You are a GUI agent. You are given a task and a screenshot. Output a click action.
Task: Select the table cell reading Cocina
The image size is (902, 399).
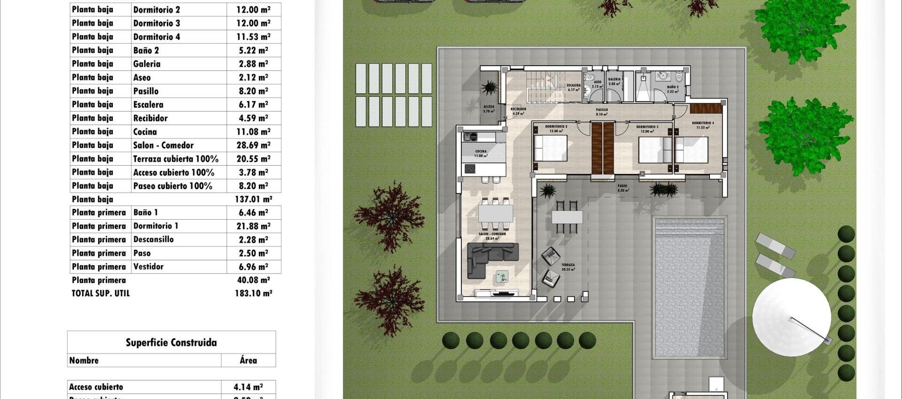[145, 132]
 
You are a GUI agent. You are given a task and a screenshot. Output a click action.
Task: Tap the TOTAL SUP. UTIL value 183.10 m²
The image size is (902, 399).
[253, 293]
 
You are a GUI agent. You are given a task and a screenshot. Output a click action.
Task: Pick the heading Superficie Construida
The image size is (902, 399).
[171, 343]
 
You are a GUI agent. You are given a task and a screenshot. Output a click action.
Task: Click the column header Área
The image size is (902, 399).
[248, 361]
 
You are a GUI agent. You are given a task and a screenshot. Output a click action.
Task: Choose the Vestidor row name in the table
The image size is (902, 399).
[148, 267]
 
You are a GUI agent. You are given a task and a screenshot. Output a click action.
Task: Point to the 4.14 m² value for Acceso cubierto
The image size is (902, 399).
[248, 387]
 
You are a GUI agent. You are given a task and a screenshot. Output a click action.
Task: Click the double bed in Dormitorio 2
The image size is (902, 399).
[551, 148]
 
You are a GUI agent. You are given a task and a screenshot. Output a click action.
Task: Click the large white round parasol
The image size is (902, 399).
[791, 316]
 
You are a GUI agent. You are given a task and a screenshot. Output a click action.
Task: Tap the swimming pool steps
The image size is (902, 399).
[689, 229]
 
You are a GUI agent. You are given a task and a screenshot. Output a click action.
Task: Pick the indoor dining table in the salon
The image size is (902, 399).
[496, 214]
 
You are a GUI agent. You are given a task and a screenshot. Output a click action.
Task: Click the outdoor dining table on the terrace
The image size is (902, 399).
[567, 217]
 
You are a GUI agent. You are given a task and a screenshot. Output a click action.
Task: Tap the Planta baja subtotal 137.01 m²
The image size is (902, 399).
[253, 199]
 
